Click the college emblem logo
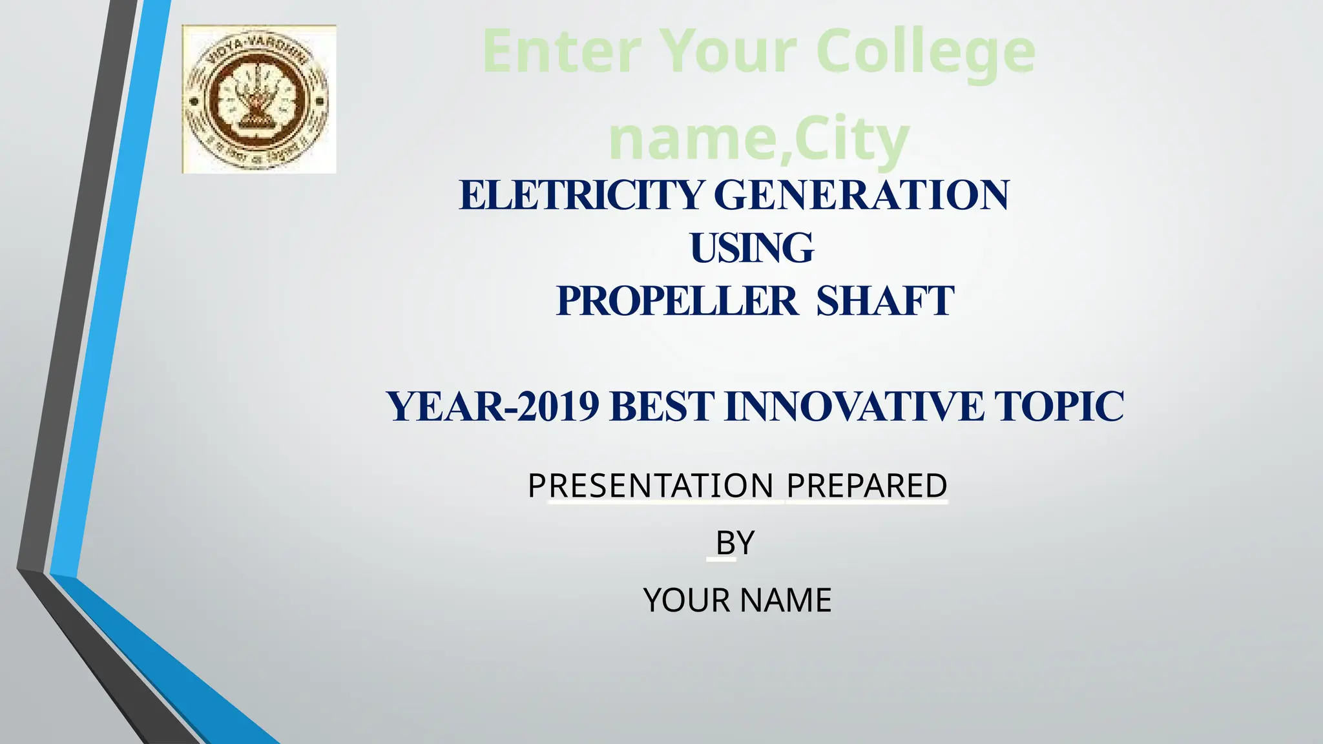259,99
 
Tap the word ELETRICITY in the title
581,195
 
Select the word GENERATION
862,195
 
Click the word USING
752,248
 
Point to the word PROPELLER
677,301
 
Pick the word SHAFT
885,301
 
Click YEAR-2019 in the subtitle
493,407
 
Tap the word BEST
661,407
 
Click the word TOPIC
1059,407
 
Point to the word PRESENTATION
651,486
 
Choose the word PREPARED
867,486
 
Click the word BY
735,542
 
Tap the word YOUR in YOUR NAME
687,600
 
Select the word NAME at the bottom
786,600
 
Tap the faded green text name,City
759,139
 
